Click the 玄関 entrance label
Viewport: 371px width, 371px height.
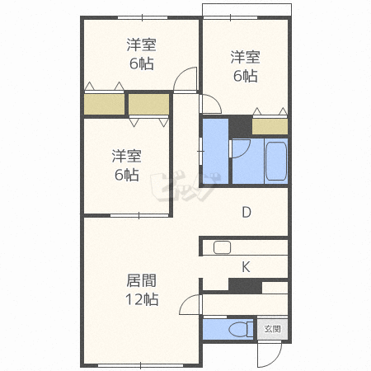pyautogui.click(x=272, y=328)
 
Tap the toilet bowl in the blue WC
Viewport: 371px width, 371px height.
pyautogui.click(x=239, y=329)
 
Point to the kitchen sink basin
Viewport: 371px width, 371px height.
pyautogui.click(x=222, y=247)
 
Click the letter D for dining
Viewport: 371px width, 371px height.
pyautogui.click(x=246, y=212)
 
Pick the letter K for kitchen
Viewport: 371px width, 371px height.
pyautogui.click(x=246, y=266)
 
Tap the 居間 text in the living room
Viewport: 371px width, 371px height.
pyautogui.click(x=141, y=280)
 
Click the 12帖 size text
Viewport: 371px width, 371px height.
pyautogui.click(x=141, y=299)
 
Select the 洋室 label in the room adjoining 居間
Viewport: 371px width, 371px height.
pyautogui.click(x=126, y=155)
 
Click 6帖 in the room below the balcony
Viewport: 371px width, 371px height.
pyautogui.click(x=245, y=77)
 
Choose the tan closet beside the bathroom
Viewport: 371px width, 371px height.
pyautogui.click(x=270, y=126)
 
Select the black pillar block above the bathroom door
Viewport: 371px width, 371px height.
pyautogui.click(x=239, y=126)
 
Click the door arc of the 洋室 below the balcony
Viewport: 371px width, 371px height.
pyautogui.click(x=210, y=103)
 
